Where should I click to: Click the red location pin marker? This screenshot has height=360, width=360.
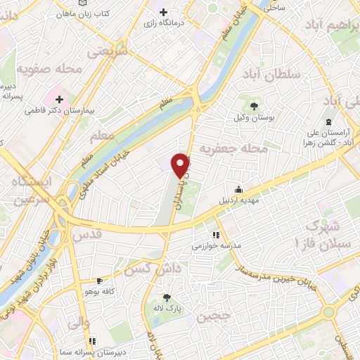click(181, 165)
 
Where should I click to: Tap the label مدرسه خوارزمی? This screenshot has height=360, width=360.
click(217, 247)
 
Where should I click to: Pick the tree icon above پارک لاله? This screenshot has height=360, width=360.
click(167, 297)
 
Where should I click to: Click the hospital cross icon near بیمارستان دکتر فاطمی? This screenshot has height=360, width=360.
click(59, 99)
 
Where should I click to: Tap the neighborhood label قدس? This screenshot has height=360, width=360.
click(88, 233)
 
